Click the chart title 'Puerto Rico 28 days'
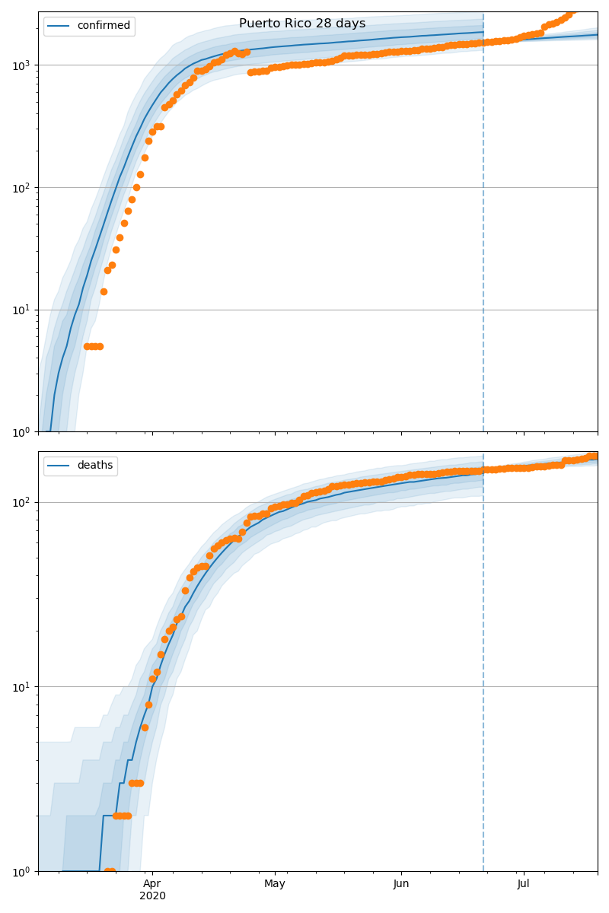pos(302,24)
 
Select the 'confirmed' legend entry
pos(104,26)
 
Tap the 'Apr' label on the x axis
pos(152,884)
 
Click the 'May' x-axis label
pos(275,884)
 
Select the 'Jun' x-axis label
pos(401,884)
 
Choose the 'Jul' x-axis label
pos(524,884)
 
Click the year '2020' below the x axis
pos(152,896)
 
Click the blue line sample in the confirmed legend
pos(60,26)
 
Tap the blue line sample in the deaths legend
pos(60,466)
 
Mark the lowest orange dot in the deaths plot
pos(107,871)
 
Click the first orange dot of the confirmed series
pos(87,346)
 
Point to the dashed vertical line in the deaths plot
pos(483,685)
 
